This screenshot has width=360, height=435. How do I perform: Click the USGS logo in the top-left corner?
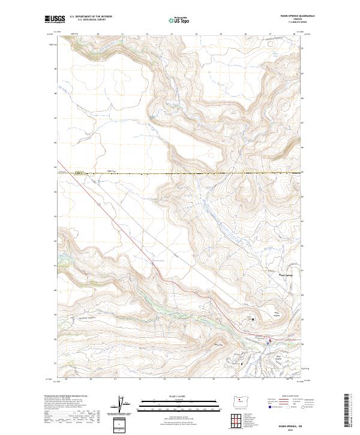[55, 19]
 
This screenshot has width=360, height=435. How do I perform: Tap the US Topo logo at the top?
[180, 20]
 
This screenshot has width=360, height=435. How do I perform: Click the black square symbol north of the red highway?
[253, 319]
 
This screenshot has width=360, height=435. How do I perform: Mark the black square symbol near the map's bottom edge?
[242, 364]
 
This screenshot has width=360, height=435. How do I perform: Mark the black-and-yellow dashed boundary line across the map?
[180, 173]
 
